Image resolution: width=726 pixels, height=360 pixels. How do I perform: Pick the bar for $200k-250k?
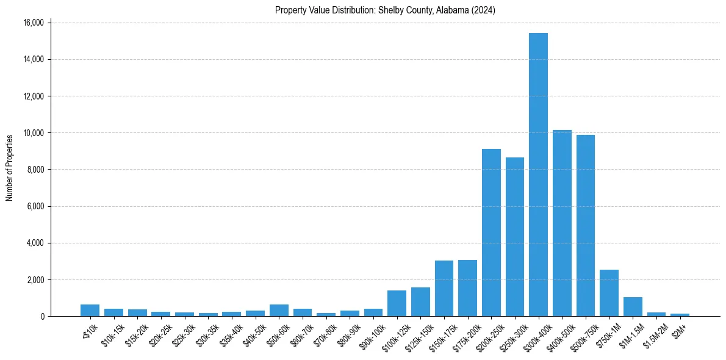click(x=491, y=232)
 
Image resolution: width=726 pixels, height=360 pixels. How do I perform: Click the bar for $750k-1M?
click(x=609, y=293)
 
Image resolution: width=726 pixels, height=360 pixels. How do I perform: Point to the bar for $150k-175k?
click(x=444, y=289)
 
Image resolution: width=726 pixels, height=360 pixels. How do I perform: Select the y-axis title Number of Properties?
click(x=10, y=168)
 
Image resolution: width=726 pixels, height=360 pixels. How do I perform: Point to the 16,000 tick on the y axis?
click(x=33, y=23)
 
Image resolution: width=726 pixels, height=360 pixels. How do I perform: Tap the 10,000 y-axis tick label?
click(x=33, y=133)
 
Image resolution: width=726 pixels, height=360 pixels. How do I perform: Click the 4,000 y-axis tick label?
click(x=35, y=243)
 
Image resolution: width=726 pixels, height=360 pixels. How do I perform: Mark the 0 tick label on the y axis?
click(x=41, y=316)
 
